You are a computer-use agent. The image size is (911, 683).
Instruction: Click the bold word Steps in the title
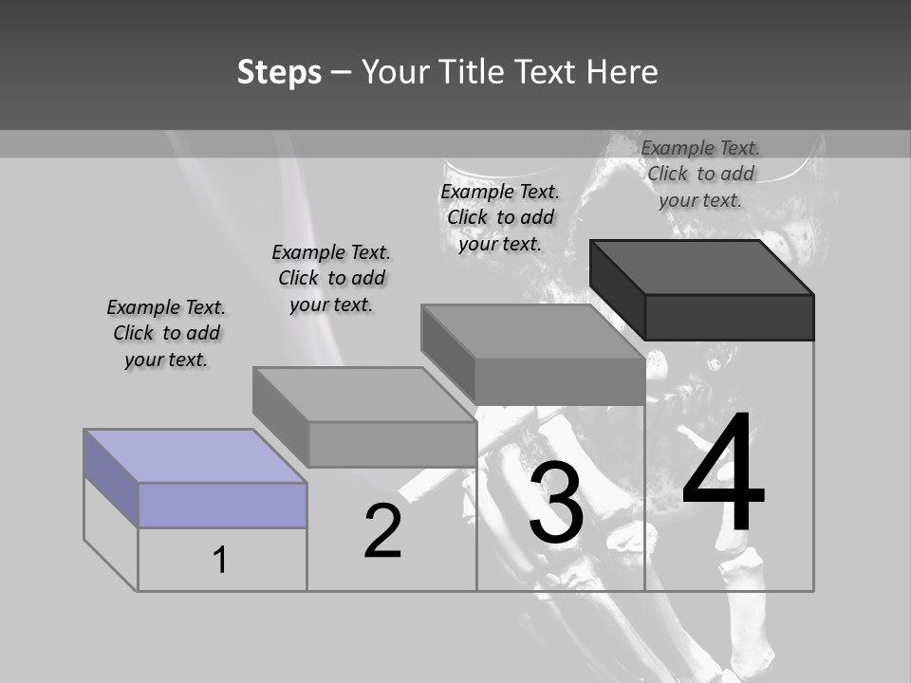point(279,72)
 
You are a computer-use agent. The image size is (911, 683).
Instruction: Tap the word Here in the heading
point(622,72)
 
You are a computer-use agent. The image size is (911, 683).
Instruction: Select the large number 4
point(723,473)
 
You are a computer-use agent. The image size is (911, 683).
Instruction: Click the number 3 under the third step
point(556,506)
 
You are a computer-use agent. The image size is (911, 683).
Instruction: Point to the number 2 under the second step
point(383,532)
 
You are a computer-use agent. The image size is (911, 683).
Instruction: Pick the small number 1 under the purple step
point(220,561)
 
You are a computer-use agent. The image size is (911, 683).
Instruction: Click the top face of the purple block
point(195,456)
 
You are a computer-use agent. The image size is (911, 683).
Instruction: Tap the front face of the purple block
point(222,506)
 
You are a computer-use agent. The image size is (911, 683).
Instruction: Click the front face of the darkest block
point(729,317)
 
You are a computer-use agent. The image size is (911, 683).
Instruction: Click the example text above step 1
point(166,333)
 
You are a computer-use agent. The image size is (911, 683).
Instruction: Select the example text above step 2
point(331,278)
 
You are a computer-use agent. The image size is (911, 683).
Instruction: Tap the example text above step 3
point(500,217)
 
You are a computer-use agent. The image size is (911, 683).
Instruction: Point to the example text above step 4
point(700,174)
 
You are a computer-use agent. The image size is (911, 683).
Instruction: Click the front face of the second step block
point(391,444)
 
